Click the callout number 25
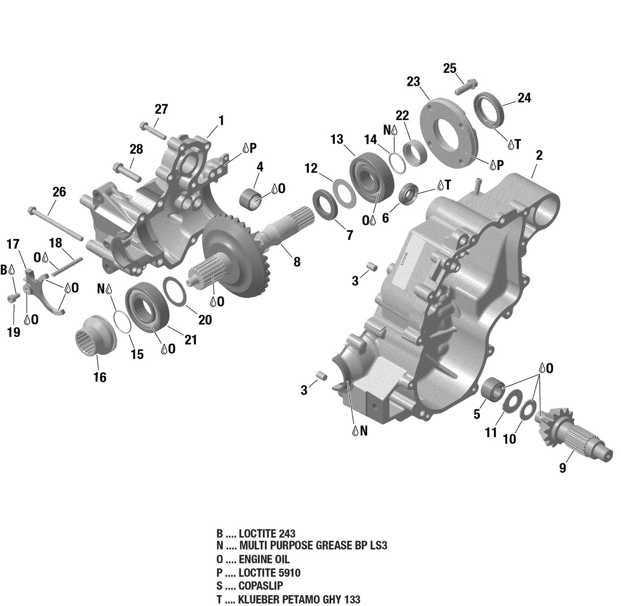pyautogui.click(x=450, y=68)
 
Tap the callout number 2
pyautogui.click(x=539, y=156)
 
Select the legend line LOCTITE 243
pyautogui.click(x=256, y=533)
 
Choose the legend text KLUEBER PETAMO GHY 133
pyautogui.click(x=288, y=599)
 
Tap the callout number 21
pyautogui.click(x=190, y=340)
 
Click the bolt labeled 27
pyautogui.click(x=153, y=129)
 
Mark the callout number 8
pyautogui.click(x=297, y=262)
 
